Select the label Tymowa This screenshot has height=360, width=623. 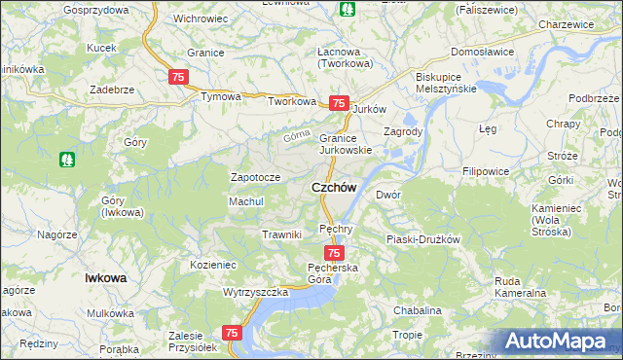220,97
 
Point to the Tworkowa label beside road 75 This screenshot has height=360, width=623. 293,101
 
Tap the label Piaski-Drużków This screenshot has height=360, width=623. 422,238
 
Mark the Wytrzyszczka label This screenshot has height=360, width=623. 256,292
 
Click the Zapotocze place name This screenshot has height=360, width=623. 255,178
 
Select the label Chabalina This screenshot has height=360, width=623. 418,310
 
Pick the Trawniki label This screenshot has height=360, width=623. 281,234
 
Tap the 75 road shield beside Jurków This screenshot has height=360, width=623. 338,103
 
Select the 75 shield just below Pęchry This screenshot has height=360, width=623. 334,253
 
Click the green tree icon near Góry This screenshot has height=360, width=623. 67,157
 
